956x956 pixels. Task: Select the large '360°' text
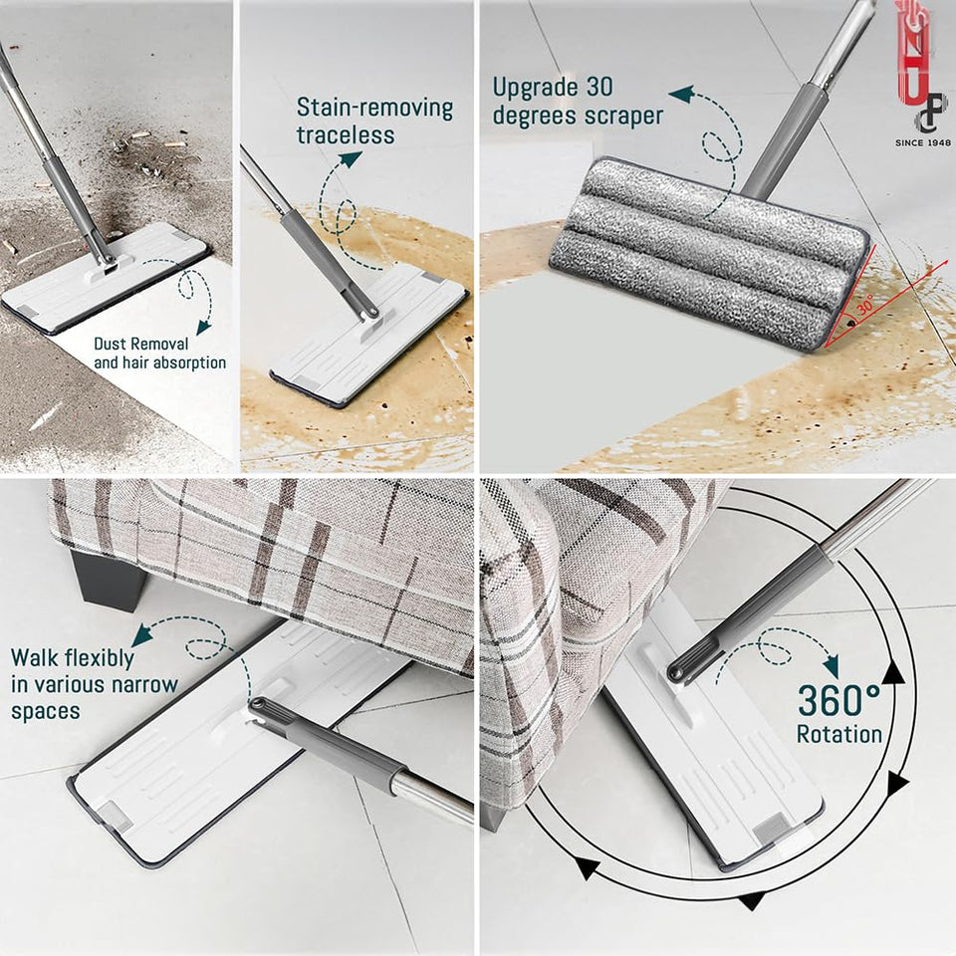[x=838, y=701]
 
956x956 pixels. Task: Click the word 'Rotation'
[x=838, y=735]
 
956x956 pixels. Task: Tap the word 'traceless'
[x=346, y=134]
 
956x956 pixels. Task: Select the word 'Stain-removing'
[x=374, y=108]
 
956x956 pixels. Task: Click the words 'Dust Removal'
[x=141, y=344]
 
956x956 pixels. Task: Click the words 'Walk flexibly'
[x=72, y=658]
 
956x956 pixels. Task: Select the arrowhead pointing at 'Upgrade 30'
[x=681, y=95]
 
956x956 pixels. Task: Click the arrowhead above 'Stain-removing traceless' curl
[x=350, y=158]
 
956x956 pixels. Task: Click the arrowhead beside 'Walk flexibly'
[x=141, y=634]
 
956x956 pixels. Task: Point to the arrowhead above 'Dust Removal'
[x=205, y=326]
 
